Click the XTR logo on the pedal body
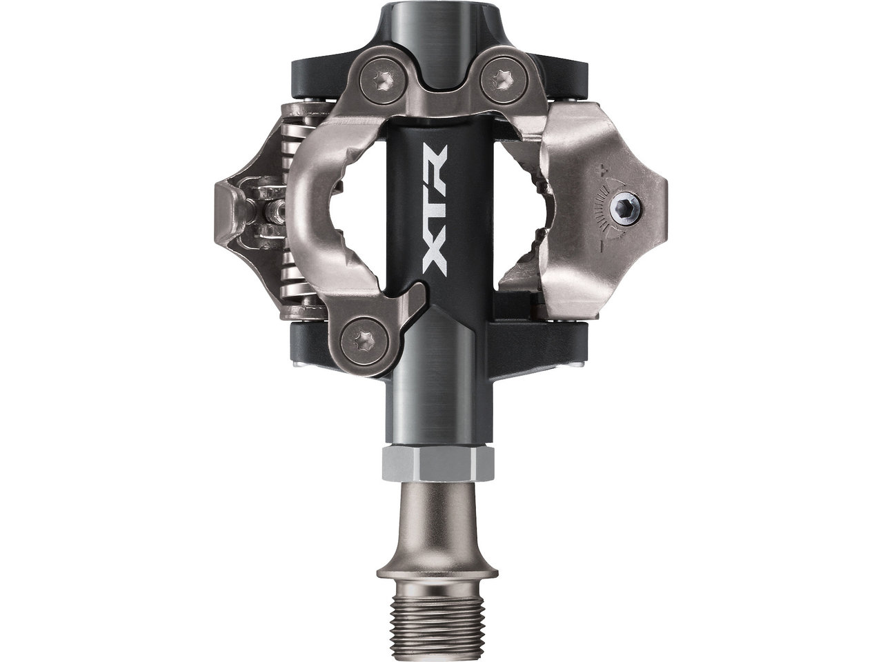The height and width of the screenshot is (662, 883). [x=435, y=210]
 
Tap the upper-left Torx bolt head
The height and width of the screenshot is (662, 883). [x=383, y=82]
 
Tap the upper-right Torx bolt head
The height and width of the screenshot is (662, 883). [x=504, y=82]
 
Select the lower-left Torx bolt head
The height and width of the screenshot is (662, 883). [x=364, y=341]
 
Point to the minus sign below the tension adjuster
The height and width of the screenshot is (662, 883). [x=602, y=245]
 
